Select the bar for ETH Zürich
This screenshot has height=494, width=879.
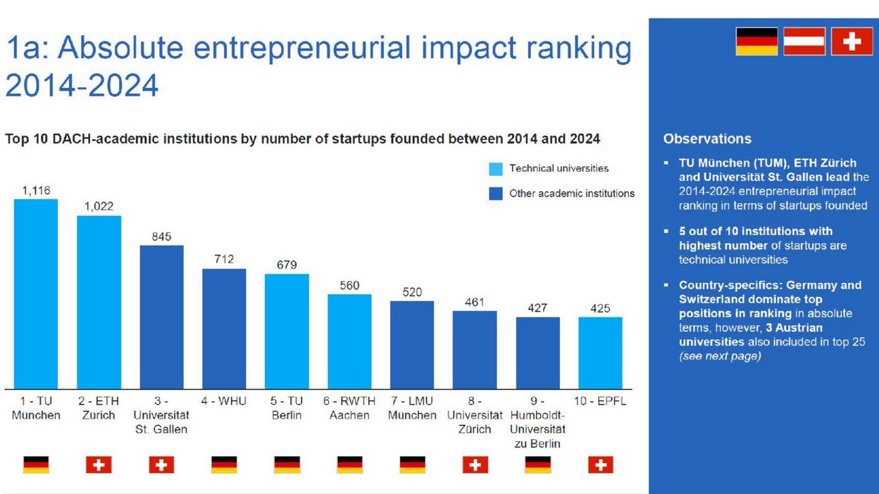pos(99,302)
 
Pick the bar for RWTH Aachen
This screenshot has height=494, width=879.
pos(349,341)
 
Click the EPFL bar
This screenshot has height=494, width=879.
pos(600,353)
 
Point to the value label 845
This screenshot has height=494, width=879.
pos(161,236)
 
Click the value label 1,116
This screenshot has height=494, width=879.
pos(36,190)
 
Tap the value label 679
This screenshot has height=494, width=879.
pos(287,265)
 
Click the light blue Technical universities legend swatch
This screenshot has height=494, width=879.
pos(496,169)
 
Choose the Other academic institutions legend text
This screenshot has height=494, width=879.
pos(571,194)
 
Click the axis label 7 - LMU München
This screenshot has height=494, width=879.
pos(412,408)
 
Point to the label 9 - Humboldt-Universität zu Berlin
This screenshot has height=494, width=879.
pos(537,422)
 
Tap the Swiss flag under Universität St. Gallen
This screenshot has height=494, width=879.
pos(161,464)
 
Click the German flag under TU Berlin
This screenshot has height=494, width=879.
pos(287,464)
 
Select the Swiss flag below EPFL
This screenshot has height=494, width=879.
pos(600,464)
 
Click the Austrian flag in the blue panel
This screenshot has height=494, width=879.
pos(804,42)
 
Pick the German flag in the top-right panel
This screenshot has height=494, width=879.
pos(756,42)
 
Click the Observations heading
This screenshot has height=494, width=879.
pos(707,139)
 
